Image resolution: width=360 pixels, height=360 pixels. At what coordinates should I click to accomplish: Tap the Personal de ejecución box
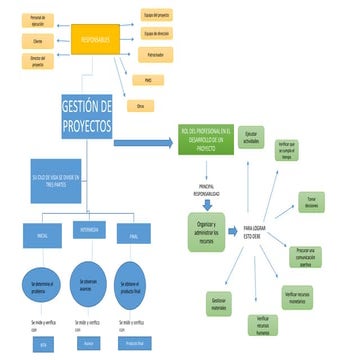(x=38, y=20)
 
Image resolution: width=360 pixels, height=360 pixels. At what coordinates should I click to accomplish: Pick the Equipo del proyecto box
(x=157, y=17)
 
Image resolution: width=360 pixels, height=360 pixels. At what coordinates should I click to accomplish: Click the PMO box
(x=148, y=78)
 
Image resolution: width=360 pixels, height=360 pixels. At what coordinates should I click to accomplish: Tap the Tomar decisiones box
(x=311, y=201)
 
